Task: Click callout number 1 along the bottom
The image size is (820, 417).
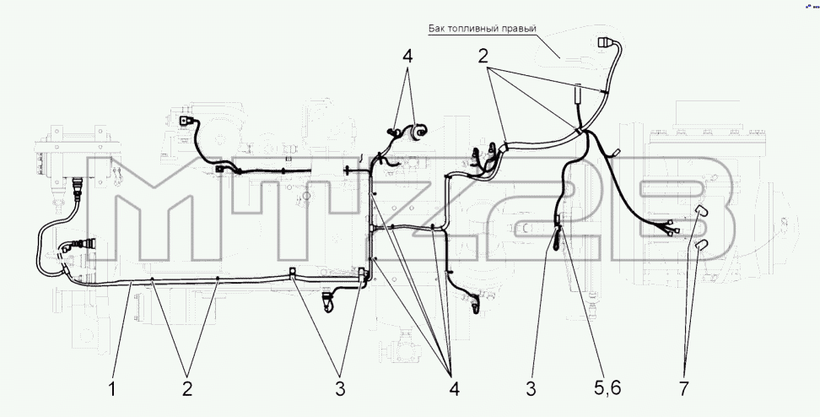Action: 111,389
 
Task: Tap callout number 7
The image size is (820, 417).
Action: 684,389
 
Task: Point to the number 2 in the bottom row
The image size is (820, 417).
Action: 187,389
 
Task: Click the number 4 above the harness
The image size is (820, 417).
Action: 407,56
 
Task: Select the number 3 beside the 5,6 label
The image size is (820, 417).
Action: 531,389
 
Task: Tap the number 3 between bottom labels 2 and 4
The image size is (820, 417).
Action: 341,389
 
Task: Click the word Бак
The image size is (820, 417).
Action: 437,28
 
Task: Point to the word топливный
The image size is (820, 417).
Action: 473,29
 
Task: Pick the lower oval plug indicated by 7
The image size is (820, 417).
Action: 702,245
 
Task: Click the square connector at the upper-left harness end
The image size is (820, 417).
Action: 186,122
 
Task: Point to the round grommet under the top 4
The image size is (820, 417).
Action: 418,132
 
